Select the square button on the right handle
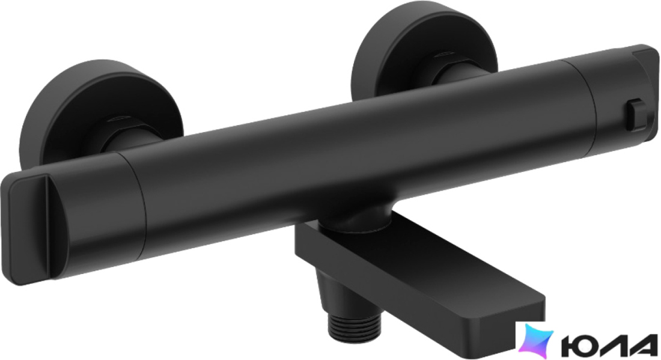point(637,114)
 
